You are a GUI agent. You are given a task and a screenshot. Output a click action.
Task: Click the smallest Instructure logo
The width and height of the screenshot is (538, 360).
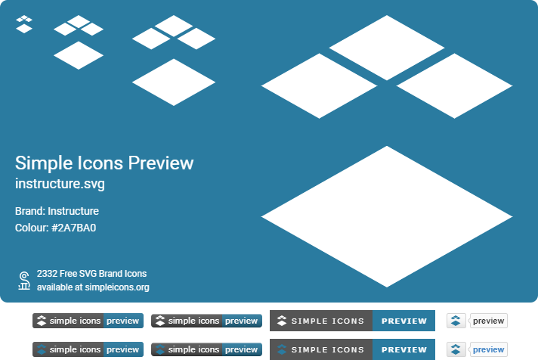coord(24,24)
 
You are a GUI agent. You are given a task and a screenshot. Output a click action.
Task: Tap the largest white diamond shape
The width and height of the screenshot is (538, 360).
coord(387,216)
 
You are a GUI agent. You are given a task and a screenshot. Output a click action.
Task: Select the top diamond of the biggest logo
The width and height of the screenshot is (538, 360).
coord(387,47)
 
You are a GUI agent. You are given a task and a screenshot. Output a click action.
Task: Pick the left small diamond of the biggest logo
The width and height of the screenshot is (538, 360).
coord(319,85)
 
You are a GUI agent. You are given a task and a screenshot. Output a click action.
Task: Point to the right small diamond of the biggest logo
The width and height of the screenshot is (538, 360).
coord(455,85)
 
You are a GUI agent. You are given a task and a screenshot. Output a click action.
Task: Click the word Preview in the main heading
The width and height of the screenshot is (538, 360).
coord(160,163)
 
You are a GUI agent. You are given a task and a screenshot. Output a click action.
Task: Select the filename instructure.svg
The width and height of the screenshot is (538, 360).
coord(60,184)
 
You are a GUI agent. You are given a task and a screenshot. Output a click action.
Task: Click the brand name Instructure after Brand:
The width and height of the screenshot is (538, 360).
coord(74,212)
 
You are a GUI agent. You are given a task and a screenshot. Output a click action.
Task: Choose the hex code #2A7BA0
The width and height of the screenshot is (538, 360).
coord(74,228)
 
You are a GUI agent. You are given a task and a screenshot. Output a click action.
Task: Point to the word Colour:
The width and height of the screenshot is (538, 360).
coord(32,228)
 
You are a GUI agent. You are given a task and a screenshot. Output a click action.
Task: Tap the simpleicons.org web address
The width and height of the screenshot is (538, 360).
coord(116,287)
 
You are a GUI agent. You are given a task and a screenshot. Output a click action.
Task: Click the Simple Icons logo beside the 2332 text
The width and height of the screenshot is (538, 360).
coord(24,281)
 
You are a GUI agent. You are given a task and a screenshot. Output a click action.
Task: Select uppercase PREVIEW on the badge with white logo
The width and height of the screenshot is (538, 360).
coord(403,321)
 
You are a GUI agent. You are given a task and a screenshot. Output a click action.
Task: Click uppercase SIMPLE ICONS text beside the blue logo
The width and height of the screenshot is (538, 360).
coord(327,349)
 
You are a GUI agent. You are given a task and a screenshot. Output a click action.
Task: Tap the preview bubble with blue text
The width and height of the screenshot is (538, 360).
coord(488,349)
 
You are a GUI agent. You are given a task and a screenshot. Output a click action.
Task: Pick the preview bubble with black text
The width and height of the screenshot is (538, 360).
coord(488,321)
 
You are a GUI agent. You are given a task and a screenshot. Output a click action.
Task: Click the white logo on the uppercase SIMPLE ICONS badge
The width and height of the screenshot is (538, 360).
coord(282,321)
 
